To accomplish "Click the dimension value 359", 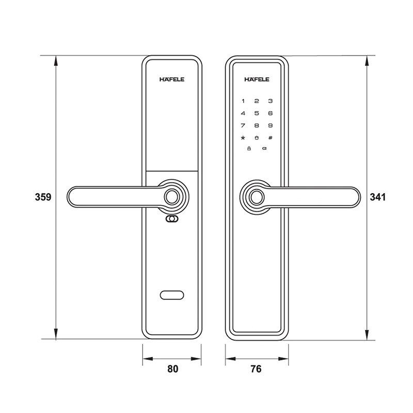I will (42, 197).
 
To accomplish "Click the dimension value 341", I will (379, 197).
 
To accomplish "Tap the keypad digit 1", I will (243, 101).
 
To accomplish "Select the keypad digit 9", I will (269, 125).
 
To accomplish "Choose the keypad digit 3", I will (269, 101).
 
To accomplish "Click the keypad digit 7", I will (243, 125).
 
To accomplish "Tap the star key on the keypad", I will (243, 138).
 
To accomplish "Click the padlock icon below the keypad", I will (249, 150).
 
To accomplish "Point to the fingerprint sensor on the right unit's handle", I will (256, 197).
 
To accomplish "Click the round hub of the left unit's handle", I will (172, 197).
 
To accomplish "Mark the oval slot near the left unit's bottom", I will (172, 296).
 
